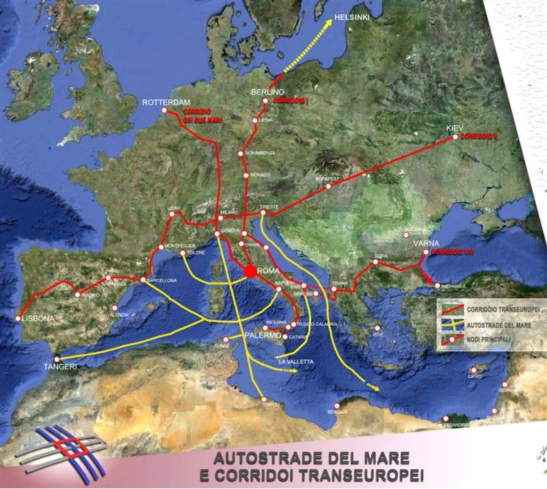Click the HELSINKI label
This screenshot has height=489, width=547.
[x=352, y=17]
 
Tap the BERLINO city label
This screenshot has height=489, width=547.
[x=267, y=92]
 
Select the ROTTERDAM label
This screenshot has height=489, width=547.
[x=165, y=102]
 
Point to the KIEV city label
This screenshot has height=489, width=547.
[x=455, y=128]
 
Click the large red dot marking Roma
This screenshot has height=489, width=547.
[x=250, y=272]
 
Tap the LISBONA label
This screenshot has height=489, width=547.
[x=38, y=319]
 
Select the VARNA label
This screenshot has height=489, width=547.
[x=426, y=243]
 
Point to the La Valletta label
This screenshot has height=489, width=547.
[x=302, y=361]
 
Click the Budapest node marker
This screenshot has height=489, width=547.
[x=328, y=186]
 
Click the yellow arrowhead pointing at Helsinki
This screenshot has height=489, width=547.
[x=328, y=23]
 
